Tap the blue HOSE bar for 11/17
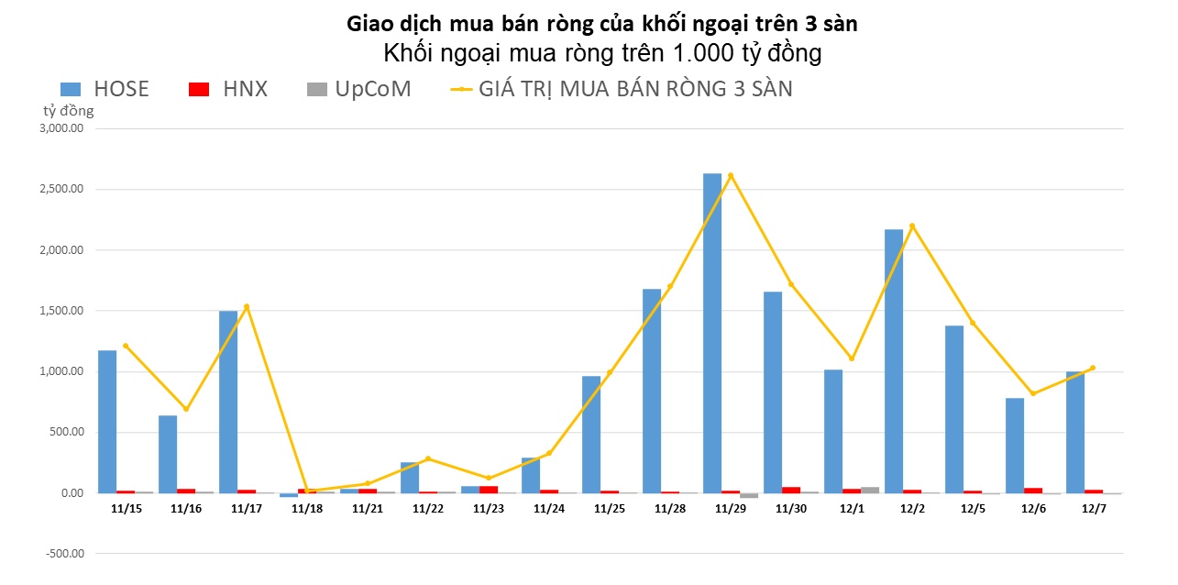tap(228, 402)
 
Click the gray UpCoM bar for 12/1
tap(870, 490)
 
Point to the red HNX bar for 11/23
tap(489, 490)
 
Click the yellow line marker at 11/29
tap(731, 175)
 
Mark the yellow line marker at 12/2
tap(912, 226)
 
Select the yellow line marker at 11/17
tap(247, 306)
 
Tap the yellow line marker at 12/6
tap(1033, 393)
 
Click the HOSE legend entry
tap(105, 89)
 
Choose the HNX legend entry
tap(228, 89)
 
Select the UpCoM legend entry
tap(358, 89)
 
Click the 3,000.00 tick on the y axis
tap(62, 128)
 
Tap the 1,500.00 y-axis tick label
tap(62, 311)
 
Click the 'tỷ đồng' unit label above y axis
tap(69, 111)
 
